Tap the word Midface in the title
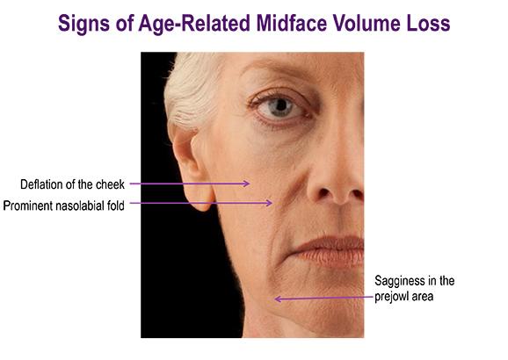(291, 23)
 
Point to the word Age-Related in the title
(194, 24)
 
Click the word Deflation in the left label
(42, 184)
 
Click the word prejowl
(390, 297)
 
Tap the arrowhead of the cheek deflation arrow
(247, 184)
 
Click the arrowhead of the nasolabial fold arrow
(269, 203)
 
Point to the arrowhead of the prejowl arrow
(278, 299)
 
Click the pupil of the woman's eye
(280, 105)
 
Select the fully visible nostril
(324, 193)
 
